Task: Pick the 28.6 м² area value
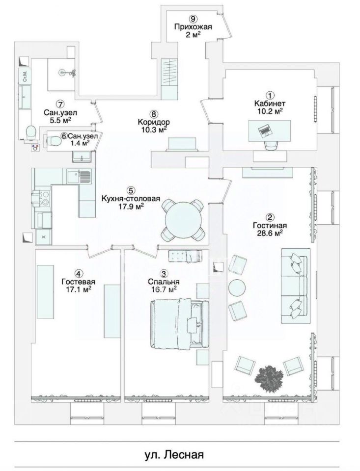pos(270,234)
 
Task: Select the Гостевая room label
pos(78,282)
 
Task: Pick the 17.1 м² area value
pos(78,290)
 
